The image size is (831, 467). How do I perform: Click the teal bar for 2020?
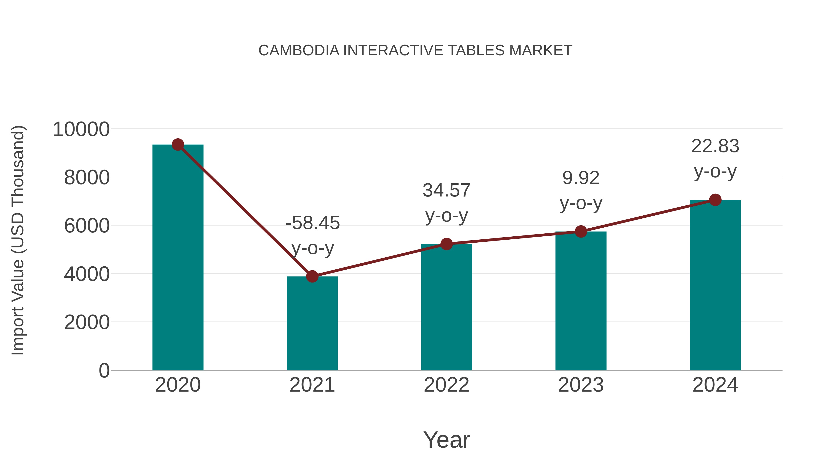[x=178, y=258]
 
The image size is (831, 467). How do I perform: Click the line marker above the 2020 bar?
[x=178, y=145]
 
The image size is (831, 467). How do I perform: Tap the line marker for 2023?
[x=581, y=231]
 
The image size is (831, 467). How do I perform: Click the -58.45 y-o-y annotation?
[x=313, y=235]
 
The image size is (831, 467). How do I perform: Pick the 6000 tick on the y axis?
[x=87, y=226]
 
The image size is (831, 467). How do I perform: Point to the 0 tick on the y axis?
[x=104, y=370]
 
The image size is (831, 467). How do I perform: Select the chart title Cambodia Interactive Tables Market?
[x=415, y=51]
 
